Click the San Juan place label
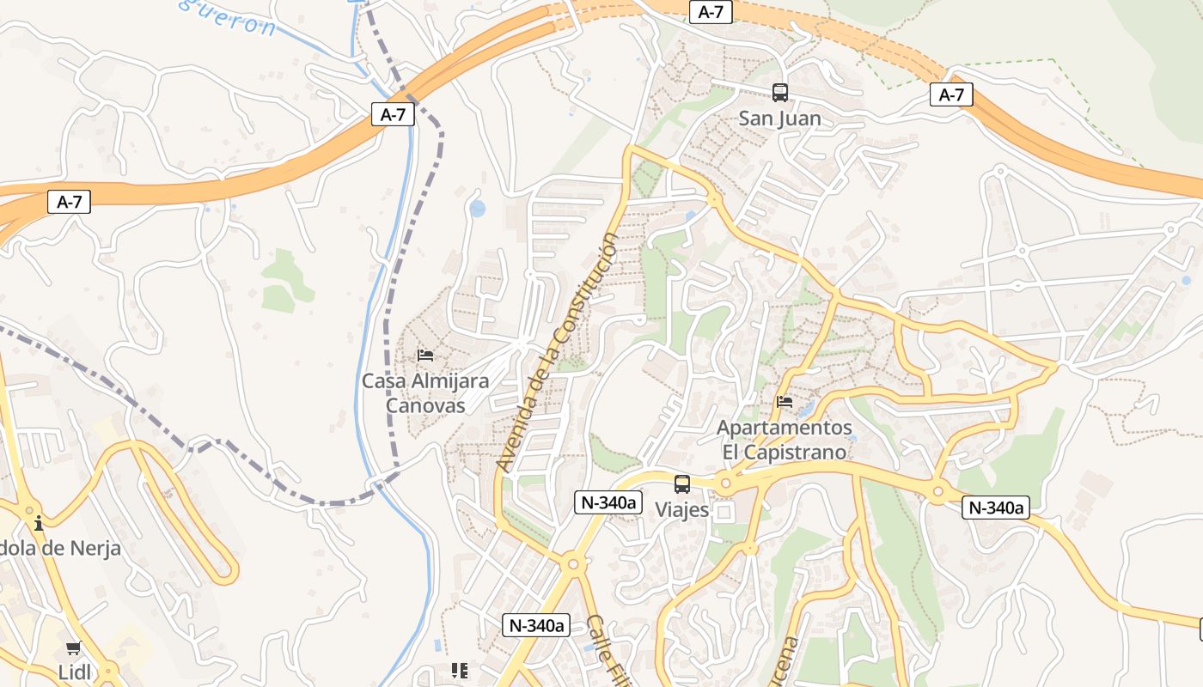[779, 119]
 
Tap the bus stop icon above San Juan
[779, 92]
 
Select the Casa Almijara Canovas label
[425, 392]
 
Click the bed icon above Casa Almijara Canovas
[425, 355]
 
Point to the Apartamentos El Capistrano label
[784, 439]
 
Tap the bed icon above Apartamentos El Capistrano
[784, 401]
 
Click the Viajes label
[682, 510]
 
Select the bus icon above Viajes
[682, 483]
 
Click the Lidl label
[75, 672]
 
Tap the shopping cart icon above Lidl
[74, 647]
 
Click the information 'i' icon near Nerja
[38, 522]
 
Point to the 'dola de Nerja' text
[60, 548]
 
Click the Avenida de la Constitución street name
[558, 352]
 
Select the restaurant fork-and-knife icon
[460, 670]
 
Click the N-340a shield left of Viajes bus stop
[608, 502]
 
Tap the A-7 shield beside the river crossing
[393, 114]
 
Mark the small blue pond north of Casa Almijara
[477, 209]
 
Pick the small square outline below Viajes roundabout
[724, 513]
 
